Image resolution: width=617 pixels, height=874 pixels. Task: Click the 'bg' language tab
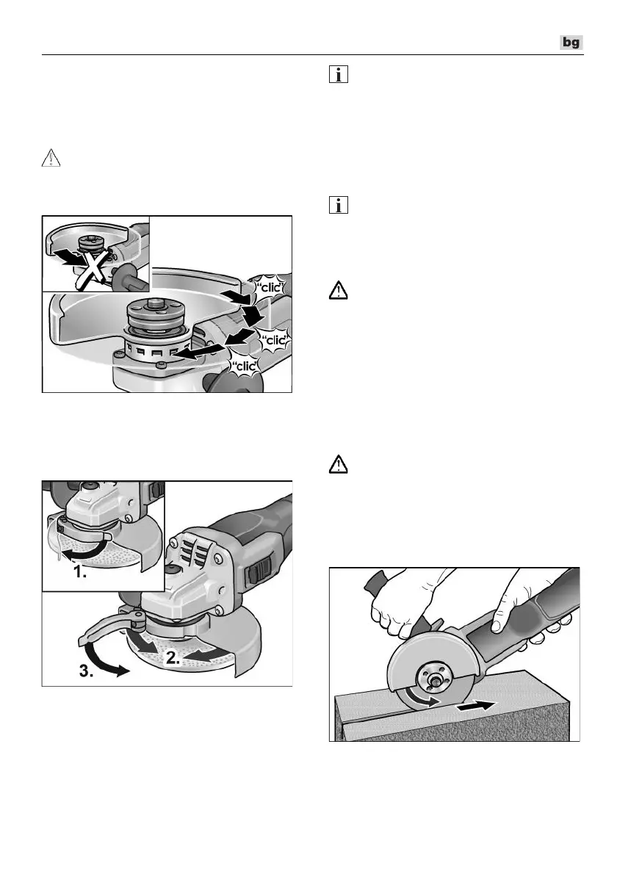(571, 43)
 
